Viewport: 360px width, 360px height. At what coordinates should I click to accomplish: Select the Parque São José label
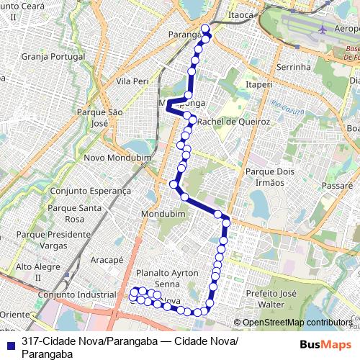click(x=100, y=118)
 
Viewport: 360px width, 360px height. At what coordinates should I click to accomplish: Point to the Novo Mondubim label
click(x=116, y=158)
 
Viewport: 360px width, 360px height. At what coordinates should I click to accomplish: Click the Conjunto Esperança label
click(x=91, y=191)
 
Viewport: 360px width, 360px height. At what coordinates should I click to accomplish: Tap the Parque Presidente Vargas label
click(x=53, y=240)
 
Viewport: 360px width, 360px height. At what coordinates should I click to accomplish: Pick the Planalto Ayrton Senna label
click(x=166, y=279)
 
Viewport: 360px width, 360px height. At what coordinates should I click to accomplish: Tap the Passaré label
click(x=338, y=185)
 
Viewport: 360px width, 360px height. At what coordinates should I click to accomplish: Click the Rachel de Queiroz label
click(x=233, y=122)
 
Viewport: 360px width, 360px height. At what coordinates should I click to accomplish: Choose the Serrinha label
click(x=292, y=67)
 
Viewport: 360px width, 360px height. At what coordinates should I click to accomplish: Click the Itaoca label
click(x=240, y=14)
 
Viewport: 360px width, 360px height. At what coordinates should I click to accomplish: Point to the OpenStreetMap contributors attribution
click(x=296, y=323)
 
